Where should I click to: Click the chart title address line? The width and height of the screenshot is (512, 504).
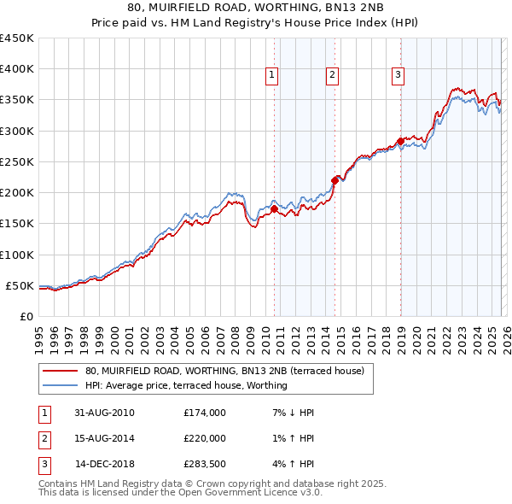pos(255,8)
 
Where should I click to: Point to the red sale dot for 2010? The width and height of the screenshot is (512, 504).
pos(274,208)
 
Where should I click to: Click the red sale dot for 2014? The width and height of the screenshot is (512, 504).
pos(335,179)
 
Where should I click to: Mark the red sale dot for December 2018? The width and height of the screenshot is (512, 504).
pos(400,141)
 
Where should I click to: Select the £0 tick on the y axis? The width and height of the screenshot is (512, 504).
pos(26,316)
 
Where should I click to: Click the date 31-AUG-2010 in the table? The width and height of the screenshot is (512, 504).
pos(104,413)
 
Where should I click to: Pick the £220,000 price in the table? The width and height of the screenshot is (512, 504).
pos(204,438)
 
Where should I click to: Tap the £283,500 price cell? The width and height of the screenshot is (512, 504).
pos(204,464)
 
